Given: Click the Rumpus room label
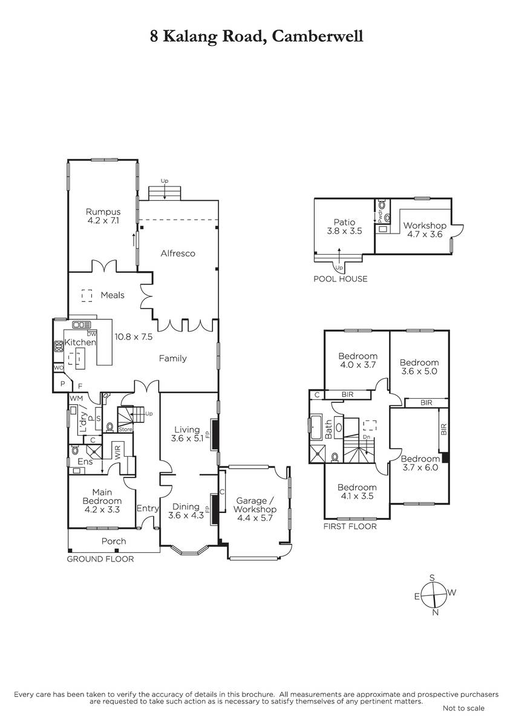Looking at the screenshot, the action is pyautogui.click(x=103, y=212).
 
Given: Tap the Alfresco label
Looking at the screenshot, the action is pyautogui.click(x=178, y=253).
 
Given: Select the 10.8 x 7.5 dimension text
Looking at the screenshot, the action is pyautogui.click(x=134, y=336).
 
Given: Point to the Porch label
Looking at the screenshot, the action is pyautogui.click(x=114, y=541).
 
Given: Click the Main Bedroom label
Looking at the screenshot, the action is pyautogui.click(x=102, y=497).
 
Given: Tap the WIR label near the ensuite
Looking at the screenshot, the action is pyautogui.click(x=117, y=452).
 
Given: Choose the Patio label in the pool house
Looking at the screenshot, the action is pyautogui.click(x=344, y=222).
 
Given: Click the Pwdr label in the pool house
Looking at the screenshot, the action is pyautogui.click(x=379, y=217).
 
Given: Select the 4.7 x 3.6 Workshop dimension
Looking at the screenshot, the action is pyautogui.click(x=425, y=234).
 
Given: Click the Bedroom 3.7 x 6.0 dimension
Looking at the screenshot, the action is pyautogui.click(x=420, y=467).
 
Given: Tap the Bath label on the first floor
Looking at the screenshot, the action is pyautogui.click(x=328, y=430).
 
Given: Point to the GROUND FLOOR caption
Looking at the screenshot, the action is pyautogui.click(x=100, y=559).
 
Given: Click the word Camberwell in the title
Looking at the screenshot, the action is pyautogui.click(x=317, y=36).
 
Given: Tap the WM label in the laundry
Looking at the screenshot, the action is pyautogui.click(x=76, y=398).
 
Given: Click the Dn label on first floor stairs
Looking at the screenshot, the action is pyautogui.click(x=367, y=437).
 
